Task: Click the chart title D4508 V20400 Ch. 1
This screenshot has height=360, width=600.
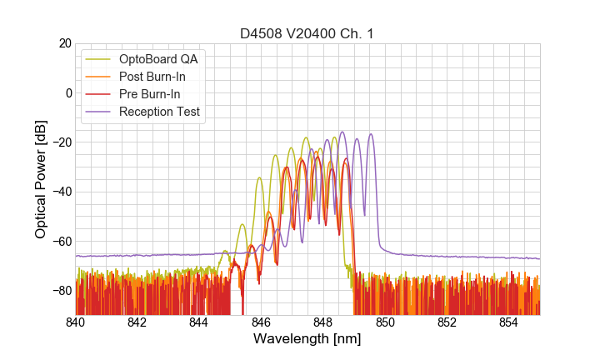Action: point(307,33)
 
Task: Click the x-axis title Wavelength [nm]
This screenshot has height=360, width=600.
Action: point(307,339)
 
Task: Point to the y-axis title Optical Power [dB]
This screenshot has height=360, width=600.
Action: point(41,179)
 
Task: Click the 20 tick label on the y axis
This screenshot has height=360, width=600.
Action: point(64,43)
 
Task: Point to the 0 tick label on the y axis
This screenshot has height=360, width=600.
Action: point(67,92)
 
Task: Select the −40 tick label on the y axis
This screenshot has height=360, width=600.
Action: point(61,192)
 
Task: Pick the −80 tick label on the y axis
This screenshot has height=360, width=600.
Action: point(61,291)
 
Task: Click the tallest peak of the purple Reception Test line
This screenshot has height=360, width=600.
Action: point(342,132)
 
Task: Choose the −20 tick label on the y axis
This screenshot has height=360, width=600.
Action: point(61,142)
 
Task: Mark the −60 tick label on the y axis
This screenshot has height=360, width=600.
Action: point(61,242)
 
